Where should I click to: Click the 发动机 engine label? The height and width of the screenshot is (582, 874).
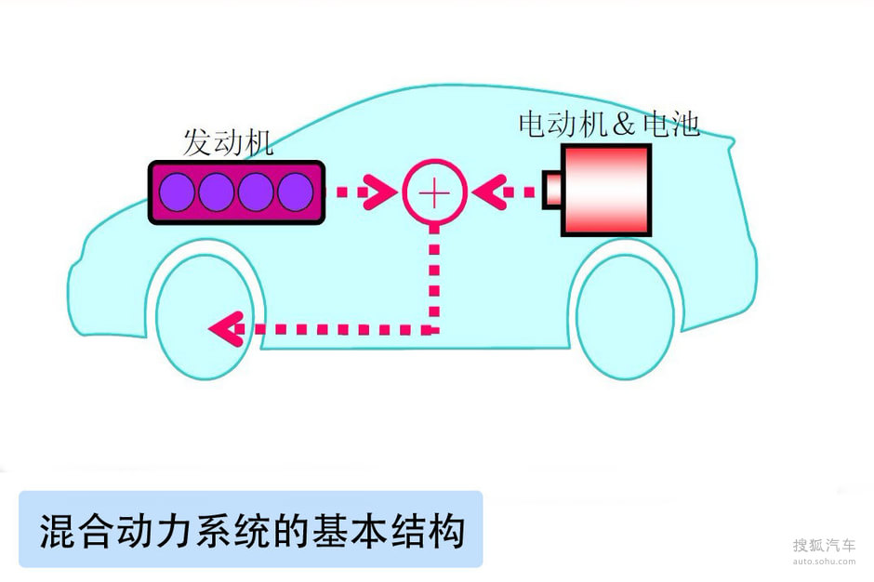(x=227, y=142)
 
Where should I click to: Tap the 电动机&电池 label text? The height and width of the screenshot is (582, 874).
(x=608, y=124)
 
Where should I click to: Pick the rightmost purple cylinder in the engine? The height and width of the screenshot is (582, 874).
(x=295, y=192)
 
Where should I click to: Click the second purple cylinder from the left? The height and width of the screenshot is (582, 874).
(x=217, y=192)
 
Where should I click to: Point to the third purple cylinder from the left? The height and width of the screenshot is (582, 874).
(x=256, y=192)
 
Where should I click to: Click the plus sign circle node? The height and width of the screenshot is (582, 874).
(x=433, y=192)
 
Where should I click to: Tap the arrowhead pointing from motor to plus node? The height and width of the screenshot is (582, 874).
(x=486, y=192)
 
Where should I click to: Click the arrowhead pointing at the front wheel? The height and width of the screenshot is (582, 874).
(x=223, y=327)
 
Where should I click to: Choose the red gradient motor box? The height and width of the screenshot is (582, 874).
(x=605, y=190)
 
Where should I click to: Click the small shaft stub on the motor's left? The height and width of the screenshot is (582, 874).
(x=551, y=190)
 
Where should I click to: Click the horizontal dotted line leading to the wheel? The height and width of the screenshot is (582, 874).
(x=335, y=328)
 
